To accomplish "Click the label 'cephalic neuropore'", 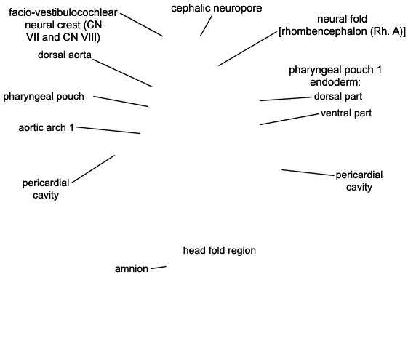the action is click(x=217, y=8).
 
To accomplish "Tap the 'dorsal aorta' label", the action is click(x=65, y=55).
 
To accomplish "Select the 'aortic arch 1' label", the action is click(x=46, y=128).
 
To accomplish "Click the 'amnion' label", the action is click(x=132, y=268).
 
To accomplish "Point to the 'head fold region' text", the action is click(x=220, y=250).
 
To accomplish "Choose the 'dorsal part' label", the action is click(x=338, y=97).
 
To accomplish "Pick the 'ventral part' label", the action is click(x=346, y=113).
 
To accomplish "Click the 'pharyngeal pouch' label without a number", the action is click(x=44, y=97).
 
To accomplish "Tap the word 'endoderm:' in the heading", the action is click(x=335, y=82).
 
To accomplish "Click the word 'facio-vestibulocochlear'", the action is click(x=63, y=12).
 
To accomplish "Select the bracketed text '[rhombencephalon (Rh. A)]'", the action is click(x=342, y=31).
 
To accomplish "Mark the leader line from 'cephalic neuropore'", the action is click(x=206, y=25).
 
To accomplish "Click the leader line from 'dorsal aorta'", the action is click(x=123, y=73).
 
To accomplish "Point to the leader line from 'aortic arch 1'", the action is click(x=108, y=130).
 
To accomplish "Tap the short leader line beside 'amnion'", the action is click(x=159, y=268).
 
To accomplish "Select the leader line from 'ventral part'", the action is click(x=289, y=119).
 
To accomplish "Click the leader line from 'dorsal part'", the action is click(x=286, y=99).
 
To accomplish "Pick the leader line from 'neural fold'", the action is click(x=247, y=49).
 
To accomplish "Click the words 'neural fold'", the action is click(x=342, y=19).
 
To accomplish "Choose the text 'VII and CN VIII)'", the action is click(x=63, y=37).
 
